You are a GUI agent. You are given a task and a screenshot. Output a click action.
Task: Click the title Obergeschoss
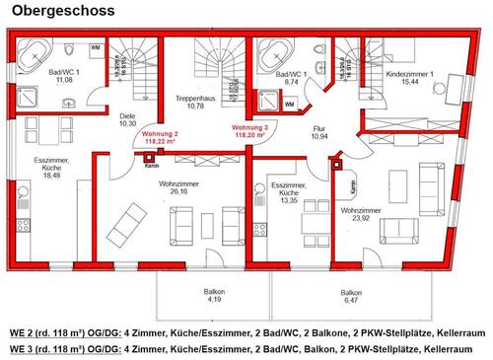61,11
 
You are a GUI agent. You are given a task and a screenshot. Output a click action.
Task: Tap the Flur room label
318,128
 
